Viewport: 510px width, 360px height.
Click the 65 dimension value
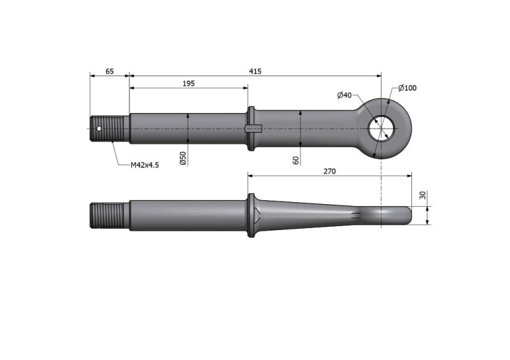click(110, 71)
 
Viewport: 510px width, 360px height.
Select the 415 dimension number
click(255, 71)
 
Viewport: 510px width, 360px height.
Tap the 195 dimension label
click(188, 84)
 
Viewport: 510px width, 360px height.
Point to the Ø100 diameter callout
click(407, 88)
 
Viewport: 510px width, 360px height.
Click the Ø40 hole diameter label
click(345, 95)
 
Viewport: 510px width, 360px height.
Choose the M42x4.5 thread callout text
click(145, 165)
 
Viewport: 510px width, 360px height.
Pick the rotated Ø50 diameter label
click(183, 158)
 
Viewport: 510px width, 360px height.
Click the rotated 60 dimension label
click(296, 160)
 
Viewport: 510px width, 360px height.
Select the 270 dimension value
click(330, 171)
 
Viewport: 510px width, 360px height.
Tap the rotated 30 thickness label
click(422, 195)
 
